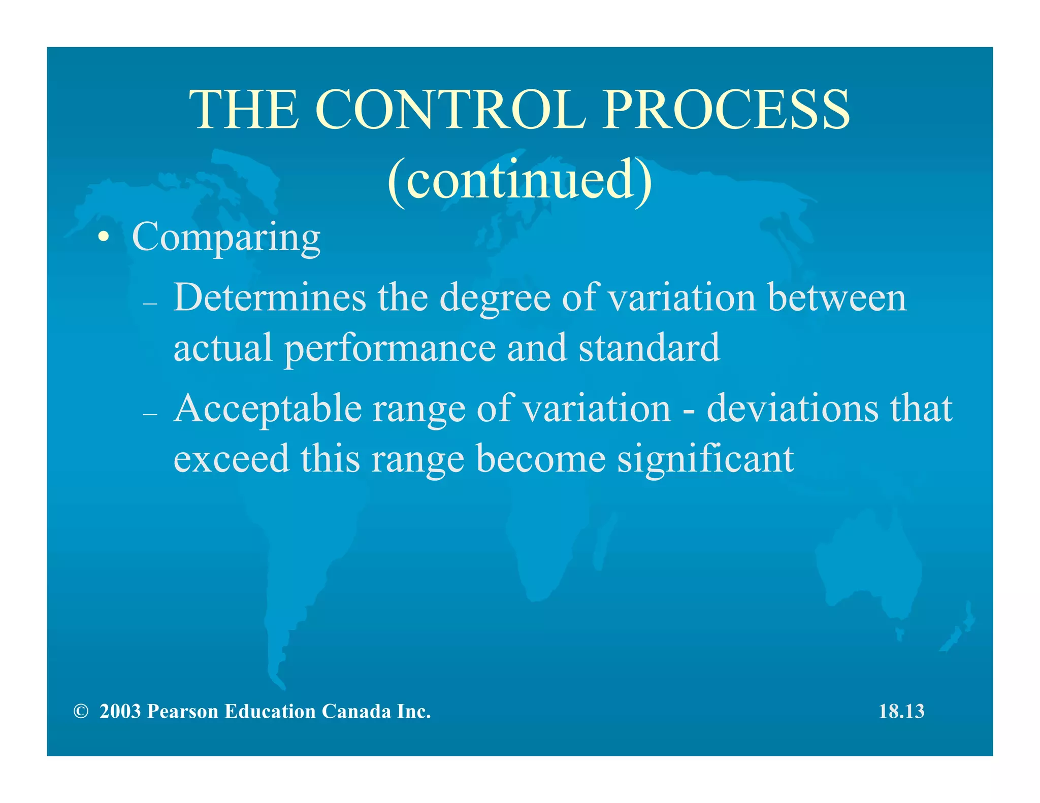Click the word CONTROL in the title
click(450, 110)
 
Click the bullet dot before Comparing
click(104, 237)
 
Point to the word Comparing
click(226, 237)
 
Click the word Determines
click(270, 297)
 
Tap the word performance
click(389, 348)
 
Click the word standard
click(649, 348)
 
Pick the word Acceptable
click(268, 409)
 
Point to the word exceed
click(231, 459)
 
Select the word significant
click(705, 459)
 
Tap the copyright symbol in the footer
click(80, 712)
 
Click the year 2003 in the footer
click(120, 712)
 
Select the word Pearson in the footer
click(182, 712)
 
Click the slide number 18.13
click(901, 712)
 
